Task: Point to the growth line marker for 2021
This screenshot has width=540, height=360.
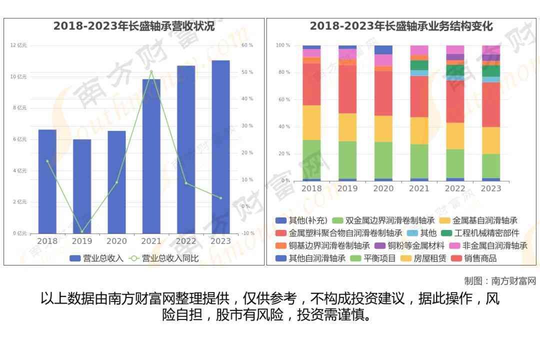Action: [151, 71]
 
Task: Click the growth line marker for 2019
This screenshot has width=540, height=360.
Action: [82, 231]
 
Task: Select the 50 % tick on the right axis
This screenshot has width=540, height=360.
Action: [247, 72]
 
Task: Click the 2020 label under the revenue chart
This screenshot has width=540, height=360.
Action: [116, 241]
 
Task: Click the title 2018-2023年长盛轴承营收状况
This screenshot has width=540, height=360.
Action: [134, 26]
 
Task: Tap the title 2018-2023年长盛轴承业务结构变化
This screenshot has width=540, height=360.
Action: [401, 26]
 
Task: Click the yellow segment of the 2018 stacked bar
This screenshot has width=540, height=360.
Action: [311, 122]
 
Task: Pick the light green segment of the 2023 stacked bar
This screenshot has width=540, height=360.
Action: [491, 165]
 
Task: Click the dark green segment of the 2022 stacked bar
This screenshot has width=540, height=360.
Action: [455, 70]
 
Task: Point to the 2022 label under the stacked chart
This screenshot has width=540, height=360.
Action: [455, 188]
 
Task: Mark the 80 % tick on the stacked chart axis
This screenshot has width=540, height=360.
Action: [283, 72]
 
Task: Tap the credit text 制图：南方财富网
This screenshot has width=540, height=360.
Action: [500, 281]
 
